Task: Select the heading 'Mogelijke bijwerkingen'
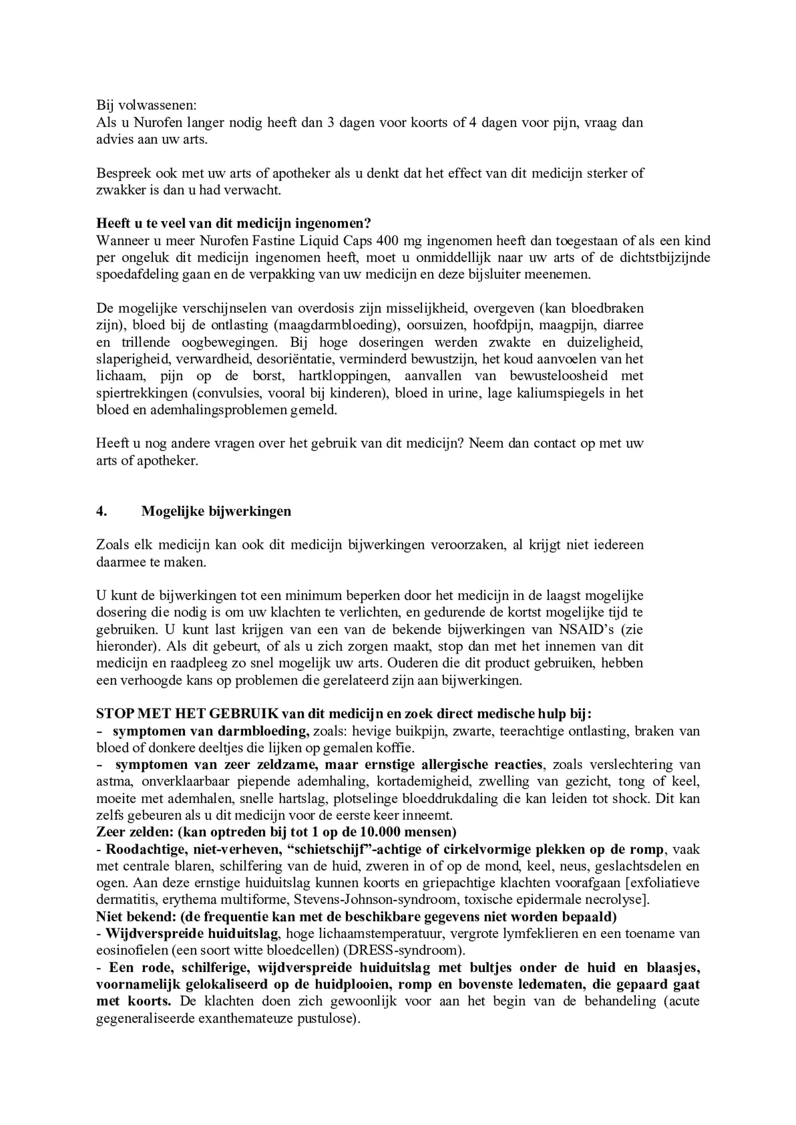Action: (x=216, y=511)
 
